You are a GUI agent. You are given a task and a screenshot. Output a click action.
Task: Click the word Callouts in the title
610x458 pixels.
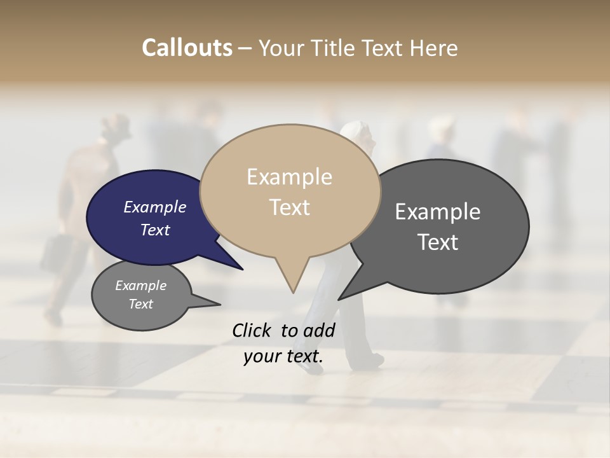[x=187, y=48]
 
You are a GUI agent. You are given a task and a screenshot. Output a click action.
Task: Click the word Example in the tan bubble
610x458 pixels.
[x=289, y=177]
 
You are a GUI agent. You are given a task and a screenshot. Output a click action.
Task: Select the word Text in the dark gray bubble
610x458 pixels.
[x=438, y=242]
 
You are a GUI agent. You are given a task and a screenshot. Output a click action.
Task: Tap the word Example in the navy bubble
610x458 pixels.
[x=154, y=207]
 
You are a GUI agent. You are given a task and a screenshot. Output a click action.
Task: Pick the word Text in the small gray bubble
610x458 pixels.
[x=141, y=304]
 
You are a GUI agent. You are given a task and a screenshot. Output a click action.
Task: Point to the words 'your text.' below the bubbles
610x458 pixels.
[x=283, y=356]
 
